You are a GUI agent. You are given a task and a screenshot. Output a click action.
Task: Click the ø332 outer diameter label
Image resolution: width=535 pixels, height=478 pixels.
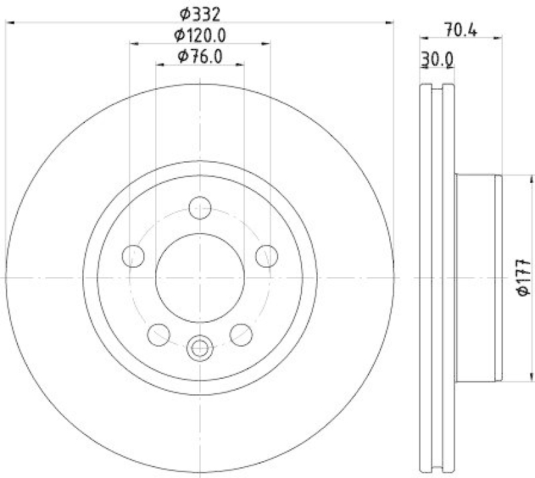199,13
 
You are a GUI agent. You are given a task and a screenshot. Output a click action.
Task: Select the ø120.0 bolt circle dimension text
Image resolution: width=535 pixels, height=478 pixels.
199,35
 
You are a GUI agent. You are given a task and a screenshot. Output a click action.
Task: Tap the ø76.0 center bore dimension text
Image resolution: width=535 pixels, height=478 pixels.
199,57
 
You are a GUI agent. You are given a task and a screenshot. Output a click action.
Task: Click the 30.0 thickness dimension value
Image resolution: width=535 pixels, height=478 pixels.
437,60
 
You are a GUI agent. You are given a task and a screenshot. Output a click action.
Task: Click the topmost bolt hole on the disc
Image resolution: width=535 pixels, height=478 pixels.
199,208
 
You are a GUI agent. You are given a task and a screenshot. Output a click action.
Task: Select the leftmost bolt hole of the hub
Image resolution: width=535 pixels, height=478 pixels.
134,255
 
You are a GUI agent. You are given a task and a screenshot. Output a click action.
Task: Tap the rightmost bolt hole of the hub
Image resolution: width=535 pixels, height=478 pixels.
266,255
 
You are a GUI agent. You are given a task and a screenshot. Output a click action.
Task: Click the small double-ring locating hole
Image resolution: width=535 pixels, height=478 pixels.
199,347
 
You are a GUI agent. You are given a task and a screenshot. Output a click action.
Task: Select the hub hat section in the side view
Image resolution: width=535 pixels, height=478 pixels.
477,276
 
